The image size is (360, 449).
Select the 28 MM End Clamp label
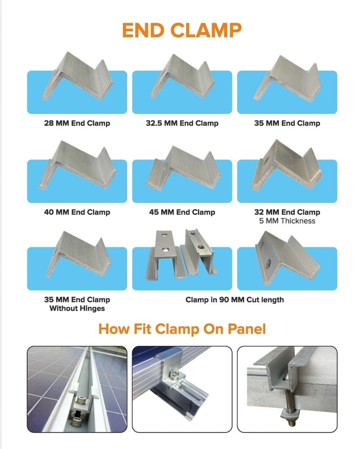[x=77, y=123]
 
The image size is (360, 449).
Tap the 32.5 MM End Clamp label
[x=182, y=123]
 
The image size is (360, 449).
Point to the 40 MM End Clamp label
[x=77, y=212]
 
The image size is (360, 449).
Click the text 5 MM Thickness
[x=287, y=221]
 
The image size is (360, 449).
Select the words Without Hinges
[x=77, y=308]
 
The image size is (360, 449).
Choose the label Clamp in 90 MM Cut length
[x=234, y=299]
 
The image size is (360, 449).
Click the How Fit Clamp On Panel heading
[x=182, y=329]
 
